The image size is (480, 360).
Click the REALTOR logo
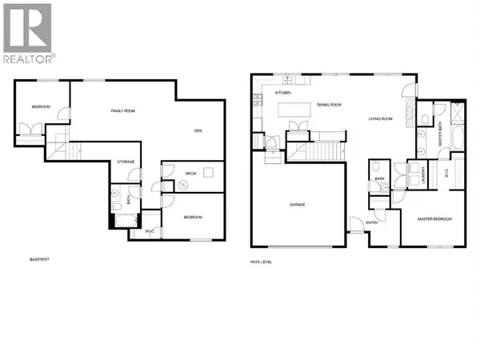28,33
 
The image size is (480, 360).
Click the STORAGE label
126,162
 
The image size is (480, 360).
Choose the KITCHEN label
284,94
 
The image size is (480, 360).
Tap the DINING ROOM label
329,105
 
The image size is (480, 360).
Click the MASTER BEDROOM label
434,218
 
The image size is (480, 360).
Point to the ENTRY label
373,222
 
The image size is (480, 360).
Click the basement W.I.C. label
149,232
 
